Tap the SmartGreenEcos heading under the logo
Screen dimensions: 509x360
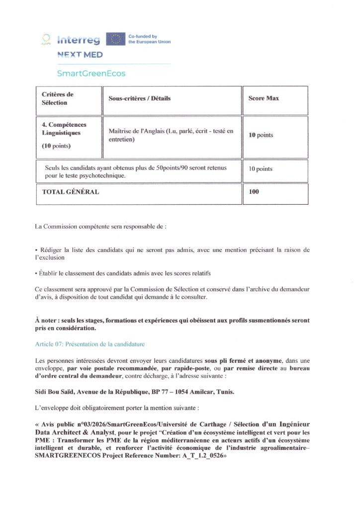pyautogui.click(x=91, y=74)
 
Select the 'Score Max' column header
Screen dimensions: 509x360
pyautogui.click(x=264, y=98)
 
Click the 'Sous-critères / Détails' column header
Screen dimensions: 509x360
pyautogui.click(x=139, y=98)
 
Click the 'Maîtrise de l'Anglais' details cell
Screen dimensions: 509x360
pyautogui.click(x=170, y=135)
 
